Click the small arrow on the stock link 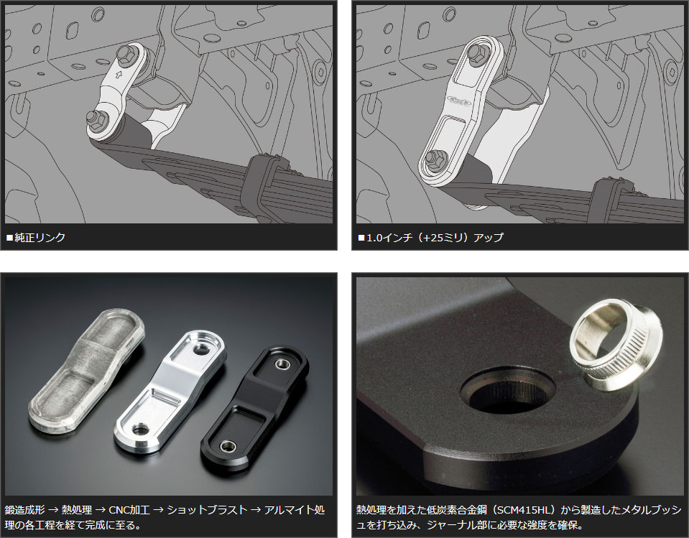click(119, 74)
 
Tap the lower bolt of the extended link click(435, 158)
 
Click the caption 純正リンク click(40, 238)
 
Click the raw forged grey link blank click(86, 370)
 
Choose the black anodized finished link click(255, 409)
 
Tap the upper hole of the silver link click(201, 349)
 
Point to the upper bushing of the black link click(281, 363)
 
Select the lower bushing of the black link click(228, 446)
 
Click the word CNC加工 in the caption click(129, 510)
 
